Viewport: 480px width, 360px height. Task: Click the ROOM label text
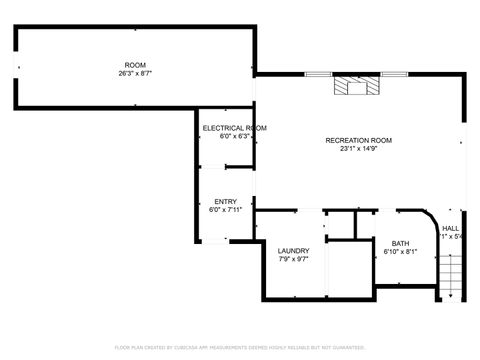pos(135,63)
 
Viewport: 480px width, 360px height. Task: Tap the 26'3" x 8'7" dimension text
pos(135,72)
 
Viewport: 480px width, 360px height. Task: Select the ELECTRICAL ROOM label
pos(234,128)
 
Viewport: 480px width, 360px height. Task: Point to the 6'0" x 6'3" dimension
pos(234,137)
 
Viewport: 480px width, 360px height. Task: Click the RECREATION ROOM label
pos(357,140)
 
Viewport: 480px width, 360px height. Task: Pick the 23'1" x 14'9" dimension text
pos(357,149)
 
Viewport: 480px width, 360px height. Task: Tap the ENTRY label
pos(225,201)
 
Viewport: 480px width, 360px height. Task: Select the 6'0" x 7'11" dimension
pos(225,210)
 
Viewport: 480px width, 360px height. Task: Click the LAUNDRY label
pos(293,250)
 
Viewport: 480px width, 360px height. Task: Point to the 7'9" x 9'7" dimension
pos(293,259)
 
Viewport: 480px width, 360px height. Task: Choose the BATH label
pos(400,243)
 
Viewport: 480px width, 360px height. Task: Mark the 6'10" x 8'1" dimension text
pos(400,252)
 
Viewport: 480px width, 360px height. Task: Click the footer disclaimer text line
pos(240,347)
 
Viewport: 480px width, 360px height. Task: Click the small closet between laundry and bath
pos(342,225)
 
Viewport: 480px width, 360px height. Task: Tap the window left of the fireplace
pos(319,73)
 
